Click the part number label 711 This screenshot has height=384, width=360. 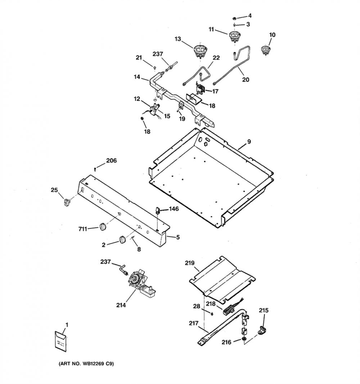pos(82,229)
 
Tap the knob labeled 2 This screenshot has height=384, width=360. pos(122,240)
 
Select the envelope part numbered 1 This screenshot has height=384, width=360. pos(60,341)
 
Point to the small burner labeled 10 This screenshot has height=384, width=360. pos(265,50)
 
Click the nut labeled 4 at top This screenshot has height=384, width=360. pos(234,18)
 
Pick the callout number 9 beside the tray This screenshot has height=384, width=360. pos(249,142)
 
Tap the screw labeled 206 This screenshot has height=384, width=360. pos(95,169)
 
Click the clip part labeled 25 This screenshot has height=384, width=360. pos(67,202)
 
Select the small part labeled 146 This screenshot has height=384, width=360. pos(157,211)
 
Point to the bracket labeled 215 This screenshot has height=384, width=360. pos(262,330)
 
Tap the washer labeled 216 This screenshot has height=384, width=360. pos(244,339)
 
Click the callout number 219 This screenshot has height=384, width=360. pos(190,263)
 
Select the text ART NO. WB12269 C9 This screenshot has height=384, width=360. pos(86,364)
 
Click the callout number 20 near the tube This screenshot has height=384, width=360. pos(246,80)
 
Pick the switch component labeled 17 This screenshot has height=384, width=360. pos(200,89)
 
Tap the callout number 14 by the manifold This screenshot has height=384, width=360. pos(137,77)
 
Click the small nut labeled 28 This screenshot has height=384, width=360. pos(212,313)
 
